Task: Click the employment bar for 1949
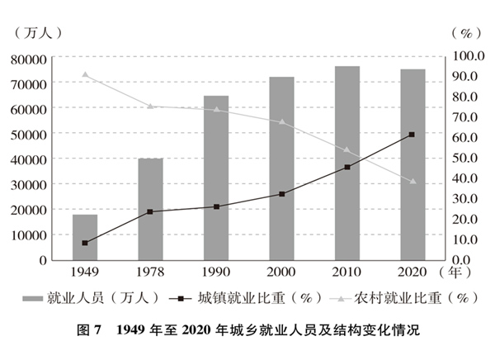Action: [85, 237]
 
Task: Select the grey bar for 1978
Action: [150, 209]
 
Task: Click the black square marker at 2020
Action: [412, 135]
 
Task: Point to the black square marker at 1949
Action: [85, 243]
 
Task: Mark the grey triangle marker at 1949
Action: [85, 74]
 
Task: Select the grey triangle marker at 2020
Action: [412, 182]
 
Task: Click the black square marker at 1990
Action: [216, 206]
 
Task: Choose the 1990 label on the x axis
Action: [216, 272]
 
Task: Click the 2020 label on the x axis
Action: [412, 272]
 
